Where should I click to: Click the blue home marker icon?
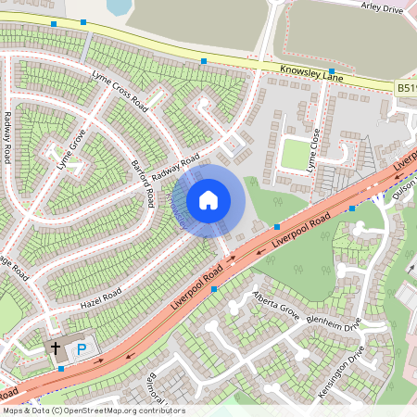(208, 199)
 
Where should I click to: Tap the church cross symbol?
(55, 348)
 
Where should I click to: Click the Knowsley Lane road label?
(311, 70)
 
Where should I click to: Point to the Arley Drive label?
(382, 8)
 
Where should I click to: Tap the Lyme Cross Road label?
(120, 89)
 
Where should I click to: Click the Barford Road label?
(145, 182)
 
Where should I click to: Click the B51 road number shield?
(406, 88)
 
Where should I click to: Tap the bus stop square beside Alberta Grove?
(215, 289)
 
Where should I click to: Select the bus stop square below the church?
(61, 369)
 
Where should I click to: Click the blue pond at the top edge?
(119, 7)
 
